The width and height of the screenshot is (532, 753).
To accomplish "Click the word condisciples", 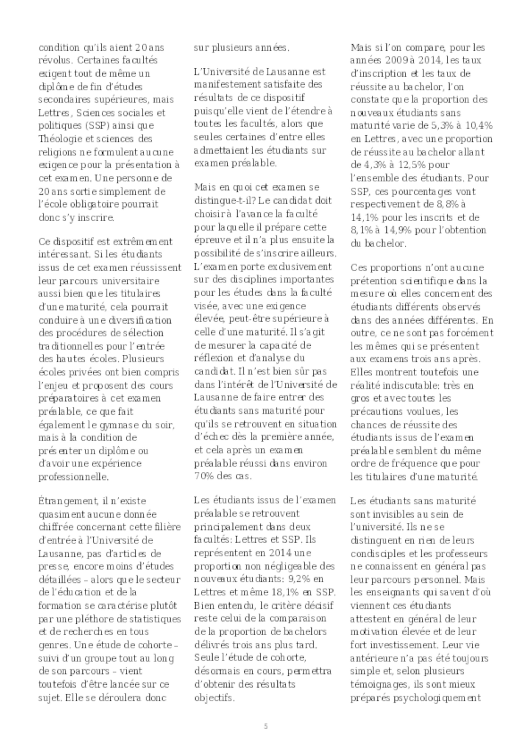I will pyautogui.click(x=376, y=554).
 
